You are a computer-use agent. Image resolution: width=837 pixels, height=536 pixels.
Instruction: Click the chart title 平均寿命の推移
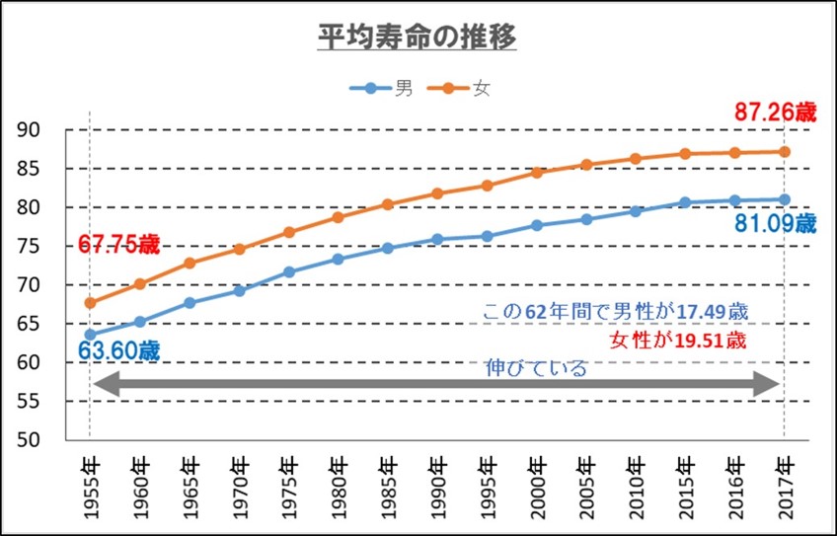(x=418, y=37)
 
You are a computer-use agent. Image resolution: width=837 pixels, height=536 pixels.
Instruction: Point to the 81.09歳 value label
(x=775, y=224)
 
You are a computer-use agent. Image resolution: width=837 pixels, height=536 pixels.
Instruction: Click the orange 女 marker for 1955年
(x=91, y=303)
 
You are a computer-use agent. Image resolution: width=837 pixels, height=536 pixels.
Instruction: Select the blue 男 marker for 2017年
(x=785, y=199)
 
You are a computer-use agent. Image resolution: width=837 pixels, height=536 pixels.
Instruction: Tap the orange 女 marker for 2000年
(x=537, y=173)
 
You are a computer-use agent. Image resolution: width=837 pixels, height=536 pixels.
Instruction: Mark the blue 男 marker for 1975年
(x=289, y=272)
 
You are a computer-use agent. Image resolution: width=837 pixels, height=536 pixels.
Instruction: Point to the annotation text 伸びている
(x=537, y=369)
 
